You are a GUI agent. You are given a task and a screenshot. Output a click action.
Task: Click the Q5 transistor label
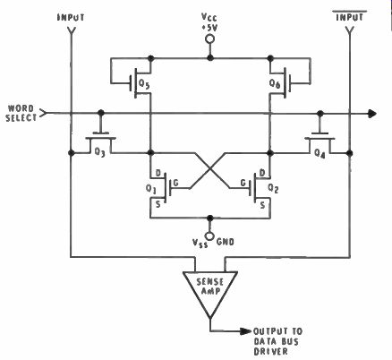144,84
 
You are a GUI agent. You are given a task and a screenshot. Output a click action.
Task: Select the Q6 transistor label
275,84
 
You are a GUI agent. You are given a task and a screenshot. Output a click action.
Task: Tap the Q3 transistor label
100,152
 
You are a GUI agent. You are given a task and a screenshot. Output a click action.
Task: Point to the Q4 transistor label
320,153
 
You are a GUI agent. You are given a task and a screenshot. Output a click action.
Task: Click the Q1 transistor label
151,189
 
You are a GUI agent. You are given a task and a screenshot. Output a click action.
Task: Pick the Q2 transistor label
273,188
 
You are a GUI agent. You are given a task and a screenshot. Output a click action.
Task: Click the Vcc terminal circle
210,39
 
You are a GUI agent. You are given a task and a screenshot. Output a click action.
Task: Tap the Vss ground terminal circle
210,236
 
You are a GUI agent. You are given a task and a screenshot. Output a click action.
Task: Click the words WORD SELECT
21,113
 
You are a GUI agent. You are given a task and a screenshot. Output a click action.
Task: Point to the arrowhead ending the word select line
372,114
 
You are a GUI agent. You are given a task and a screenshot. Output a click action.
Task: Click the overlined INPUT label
350,17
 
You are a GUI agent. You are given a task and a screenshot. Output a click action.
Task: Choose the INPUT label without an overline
71,17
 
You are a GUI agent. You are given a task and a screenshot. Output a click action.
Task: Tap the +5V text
209,28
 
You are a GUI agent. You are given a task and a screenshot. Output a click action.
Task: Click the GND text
226,242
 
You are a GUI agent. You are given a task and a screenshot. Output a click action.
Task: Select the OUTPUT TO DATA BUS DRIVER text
278,341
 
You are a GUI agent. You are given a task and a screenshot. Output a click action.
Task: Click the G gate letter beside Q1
175,183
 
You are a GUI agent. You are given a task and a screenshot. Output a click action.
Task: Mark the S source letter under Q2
262,205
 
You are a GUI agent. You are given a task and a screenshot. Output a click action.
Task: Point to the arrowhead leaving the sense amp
246,331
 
